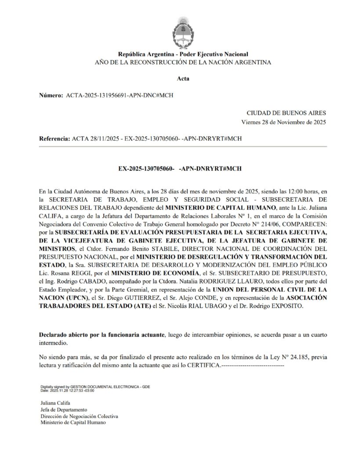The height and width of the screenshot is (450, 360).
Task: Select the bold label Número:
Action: tap(51, 95)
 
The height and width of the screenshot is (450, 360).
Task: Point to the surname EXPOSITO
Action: tap(285, 306)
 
